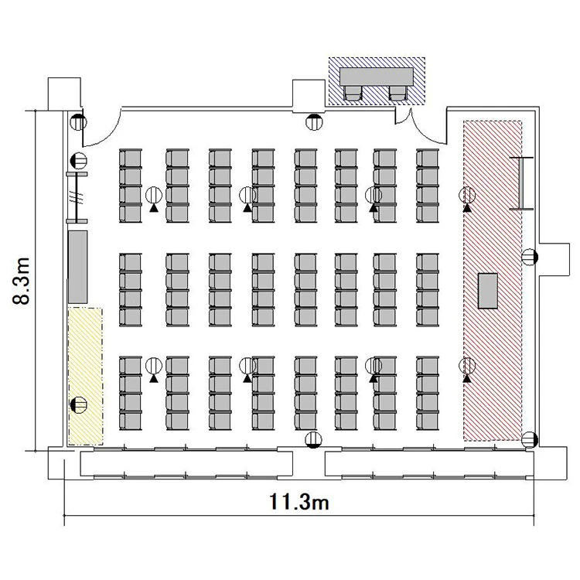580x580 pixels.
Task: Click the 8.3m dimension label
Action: (21, 280)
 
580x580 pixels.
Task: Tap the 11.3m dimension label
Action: (299, 502)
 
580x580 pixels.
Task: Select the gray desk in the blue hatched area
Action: (377, 77)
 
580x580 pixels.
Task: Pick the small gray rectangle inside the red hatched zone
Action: (487, 291)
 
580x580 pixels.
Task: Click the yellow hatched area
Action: (85, 376)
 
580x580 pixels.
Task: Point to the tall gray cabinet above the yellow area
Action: (77, 267)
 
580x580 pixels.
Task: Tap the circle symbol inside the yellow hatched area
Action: (79, 404)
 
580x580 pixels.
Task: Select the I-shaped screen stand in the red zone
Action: (521, 183)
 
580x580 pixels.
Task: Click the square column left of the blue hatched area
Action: (309, 96)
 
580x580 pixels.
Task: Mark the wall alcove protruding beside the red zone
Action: (554, 259)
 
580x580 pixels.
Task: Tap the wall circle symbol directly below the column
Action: (314, 121)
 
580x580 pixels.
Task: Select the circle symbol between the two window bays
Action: (314, 440)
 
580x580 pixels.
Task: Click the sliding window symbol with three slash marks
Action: (77, 197)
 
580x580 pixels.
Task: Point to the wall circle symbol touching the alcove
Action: (529, 257)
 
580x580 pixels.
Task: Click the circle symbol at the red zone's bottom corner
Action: (529, 440)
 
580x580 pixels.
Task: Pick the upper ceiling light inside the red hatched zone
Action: (467, 195)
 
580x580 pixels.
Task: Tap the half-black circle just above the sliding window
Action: (78, 161)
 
